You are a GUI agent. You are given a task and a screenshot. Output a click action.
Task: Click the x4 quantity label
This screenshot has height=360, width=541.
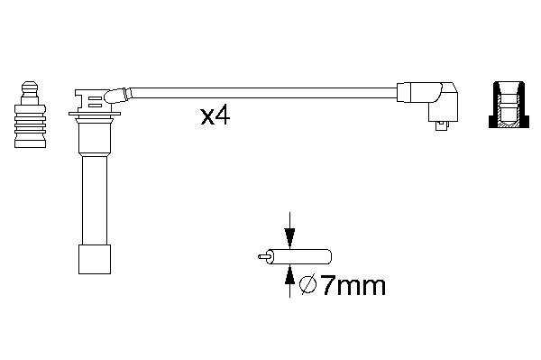click(x=215, y=116)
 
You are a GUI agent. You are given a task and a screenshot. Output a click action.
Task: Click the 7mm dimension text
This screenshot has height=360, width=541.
click(x=353, y=286)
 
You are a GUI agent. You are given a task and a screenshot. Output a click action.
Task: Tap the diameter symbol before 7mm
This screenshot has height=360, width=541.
click(x=307, y=285)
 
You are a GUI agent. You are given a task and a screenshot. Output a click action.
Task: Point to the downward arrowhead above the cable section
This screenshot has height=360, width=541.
click(x=289, y=237)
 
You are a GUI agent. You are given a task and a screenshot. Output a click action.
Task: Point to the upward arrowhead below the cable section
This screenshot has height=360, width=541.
click(x=289, y=275)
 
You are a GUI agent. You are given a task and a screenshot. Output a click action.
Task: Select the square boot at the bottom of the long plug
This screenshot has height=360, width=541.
click(x=95, y=259)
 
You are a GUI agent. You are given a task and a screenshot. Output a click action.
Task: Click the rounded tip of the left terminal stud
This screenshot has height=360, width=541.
click(x=30, y=87)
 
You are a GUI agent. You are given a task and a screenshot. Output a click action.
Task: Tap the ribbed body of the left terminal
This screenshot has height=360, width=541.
click(x=30, y=125)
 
